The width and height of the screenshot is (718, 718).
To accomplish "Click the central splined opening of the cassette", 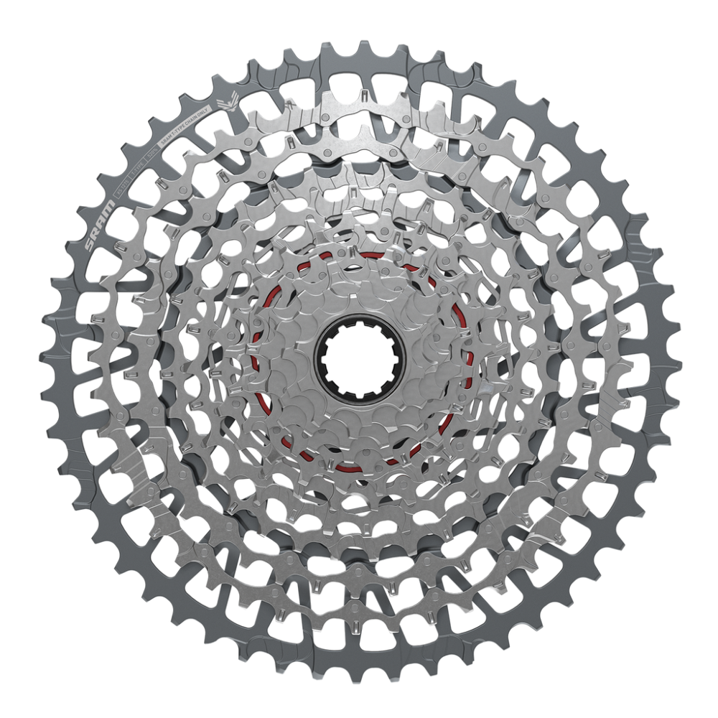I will pyautogui.click(x=360, y=360).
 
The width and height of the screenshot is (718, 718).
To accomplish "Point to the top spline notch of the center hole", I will pyautogui.click(x=360, y=325).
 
